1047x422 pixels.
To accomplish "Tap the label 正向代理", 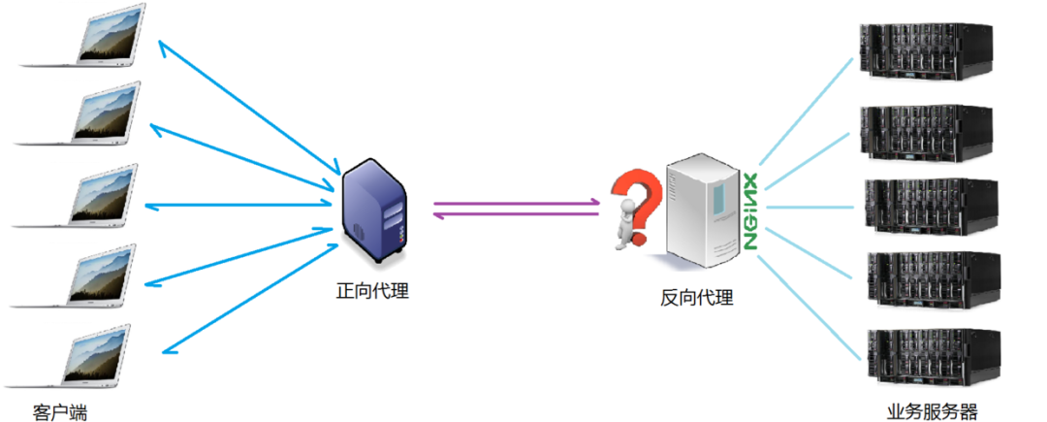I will [372, 290].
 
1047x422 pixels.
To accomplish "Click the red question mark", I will [632, 194].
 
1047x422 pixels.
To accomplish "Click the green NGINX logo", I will [750, 212].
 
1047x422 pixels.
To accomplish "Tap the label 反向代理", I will [697, 298].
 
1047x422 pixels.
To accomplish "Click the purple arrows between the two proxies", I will [516, 209].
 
